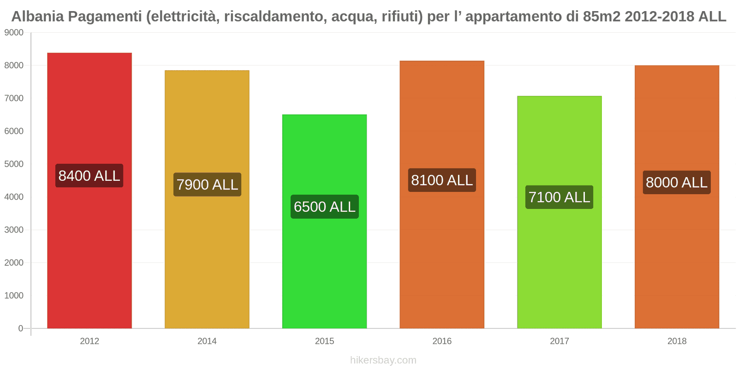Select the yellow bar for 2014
coord(207,258)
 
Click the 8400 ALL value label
coord(89,176)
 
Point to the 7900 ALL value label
coord(207,184)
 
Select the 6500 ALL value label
coord(324,207)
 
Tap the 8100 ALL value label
coord(442,180)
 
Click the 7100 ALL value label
coord(559,197)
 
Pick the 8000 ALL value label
coord(677,183)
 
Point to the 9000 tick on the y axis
coord(14,33)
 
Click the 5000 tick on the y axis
coord(14,164)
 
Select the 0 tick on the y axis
coord(20,328)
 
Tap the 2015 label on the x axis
coord(324,341)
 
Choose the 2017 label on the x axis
coord(559,341)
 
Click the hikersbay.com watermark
coord(383,360)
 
